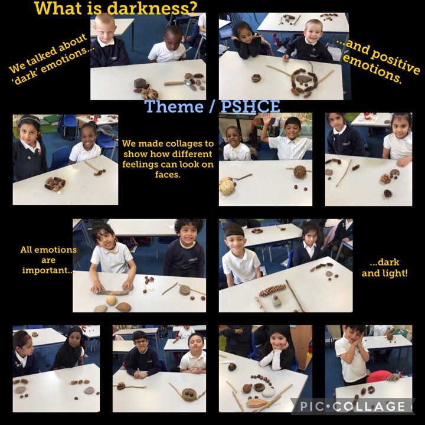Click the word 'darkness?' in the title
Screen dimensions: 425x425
(152, 8)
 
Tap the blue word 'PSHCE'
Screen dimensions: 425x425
(250, 106)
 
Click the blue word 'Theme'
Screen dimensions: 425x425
(174, 106)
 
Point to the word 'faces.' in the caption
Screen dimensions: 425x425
(168, 175)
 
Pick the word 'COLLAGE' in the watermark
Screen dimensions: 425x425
(369, 407)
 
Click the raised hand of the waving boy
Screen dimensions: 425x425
(267, 119)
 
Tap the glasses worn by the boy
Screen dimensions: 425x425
(140, 342)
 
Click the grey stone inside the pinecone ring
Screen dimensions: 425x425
(303, 79)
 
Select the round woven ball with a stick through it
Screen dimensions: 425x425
(300, 172)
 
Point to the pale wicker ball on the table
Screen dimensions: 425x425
(227, 187)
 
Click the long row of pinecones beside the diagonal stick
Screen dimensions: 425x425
(272, 290)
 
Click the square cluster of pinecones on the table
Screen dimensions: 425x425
(55, 184)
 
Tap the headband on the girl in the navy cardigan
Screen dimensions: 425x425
(29, 119)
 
